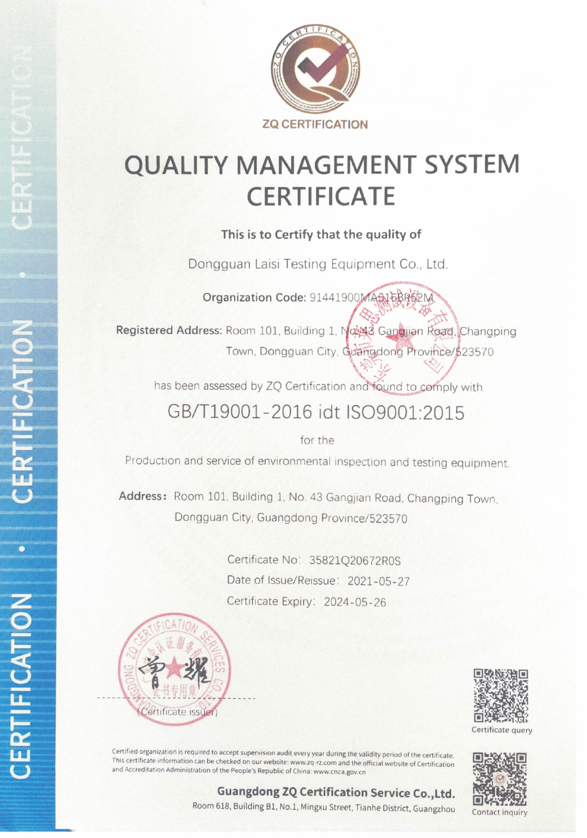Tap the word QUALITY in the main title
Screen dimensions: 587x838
pos(175,165)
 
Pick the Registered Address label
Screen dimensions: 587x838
pos(169,330)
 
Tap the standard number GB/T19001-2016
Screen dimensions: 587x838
pos(240,413)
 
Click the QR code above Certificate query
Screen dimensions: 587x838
pos(501,696)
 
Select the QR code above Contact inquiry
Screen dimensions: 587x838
pos(500,779)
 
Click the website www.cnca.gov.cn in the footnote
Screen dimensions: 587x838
pos(339,772)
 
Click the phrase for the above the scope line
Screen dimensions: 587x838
pos(317,441)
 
